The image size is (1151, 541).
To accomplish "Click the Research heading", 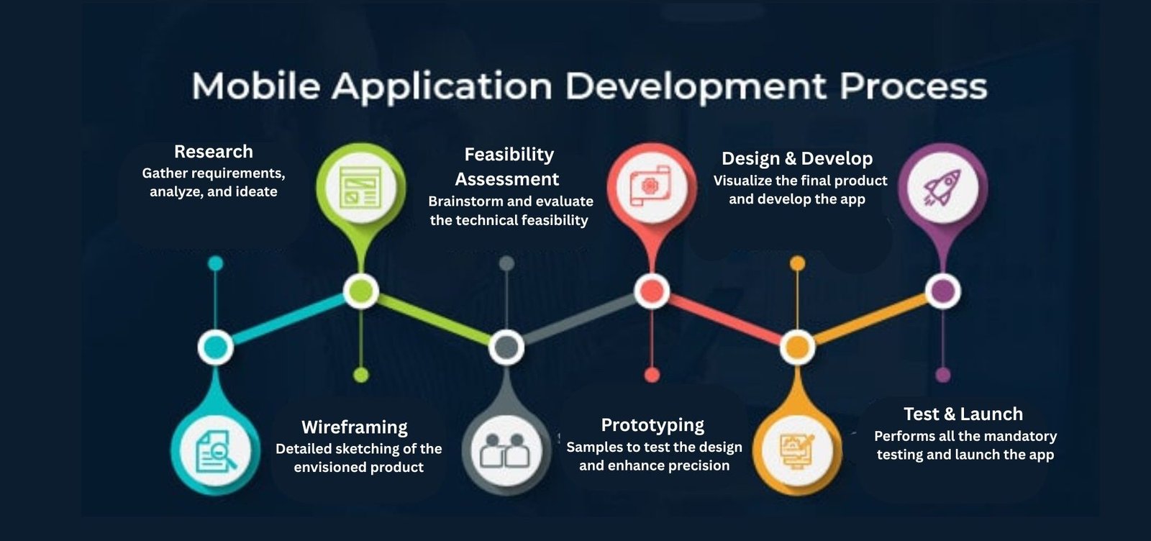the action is [213, 152].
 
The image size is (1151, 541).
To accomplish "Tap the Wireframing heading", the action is [355, 427].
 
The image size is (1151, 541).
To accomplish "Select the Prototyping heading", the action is [652, 426].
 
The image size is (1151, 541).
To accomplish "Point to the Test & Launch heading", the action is [963, 414].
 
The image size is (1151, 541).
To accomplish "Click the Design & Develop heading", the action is [797, 159].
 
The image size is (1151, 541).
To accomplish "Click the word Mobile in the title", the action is [256, 86].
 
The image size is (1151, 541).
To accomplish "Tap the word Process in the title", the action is [913, 86].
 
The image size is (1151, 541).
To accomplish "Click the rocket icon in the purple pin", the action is [942, 188].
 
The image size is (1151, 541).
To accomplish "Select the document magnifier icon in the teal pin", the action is [216, 452].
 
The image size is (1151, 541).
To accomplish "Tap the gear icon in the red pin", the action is [651, 186].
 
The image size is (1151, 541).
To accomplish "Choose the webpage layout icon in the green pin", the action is [360, 188].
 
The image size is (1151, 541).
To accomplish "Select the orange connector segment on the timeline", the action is [870, 319].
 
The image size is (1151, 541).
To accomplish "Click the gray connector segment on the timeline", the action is [579, 319].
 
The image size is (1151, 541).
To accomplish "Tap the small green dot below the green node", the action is [361, 375].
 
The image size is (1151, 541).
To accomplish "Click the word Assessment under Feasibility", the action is [506, 179].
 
